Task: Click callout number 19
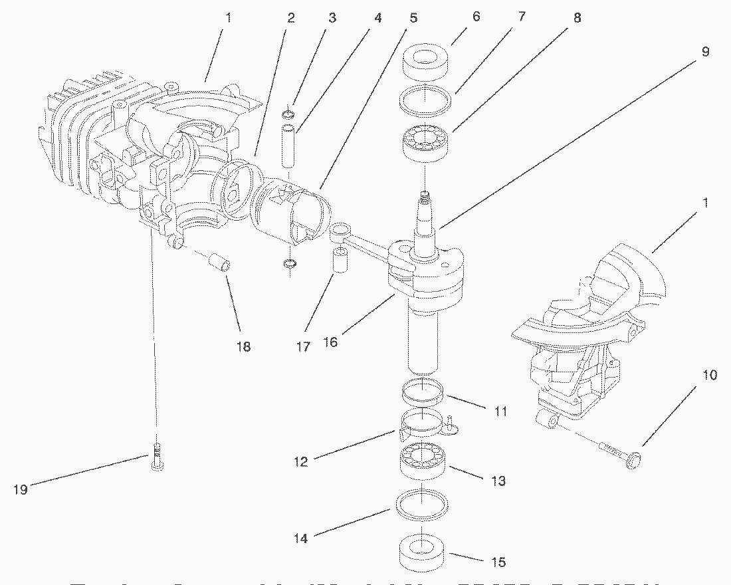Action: (20, 489)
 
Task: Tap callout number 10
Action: (710, 375)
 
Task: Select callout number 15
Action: (498, 562)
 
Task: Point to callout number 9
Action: (705, 51)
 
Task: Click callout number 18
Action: (244, 346)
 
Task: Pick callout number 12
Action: (301, 461)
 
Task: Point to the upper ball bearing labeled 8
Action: (425, 142)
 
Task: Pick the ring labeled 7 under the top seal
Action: (425, 99)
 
